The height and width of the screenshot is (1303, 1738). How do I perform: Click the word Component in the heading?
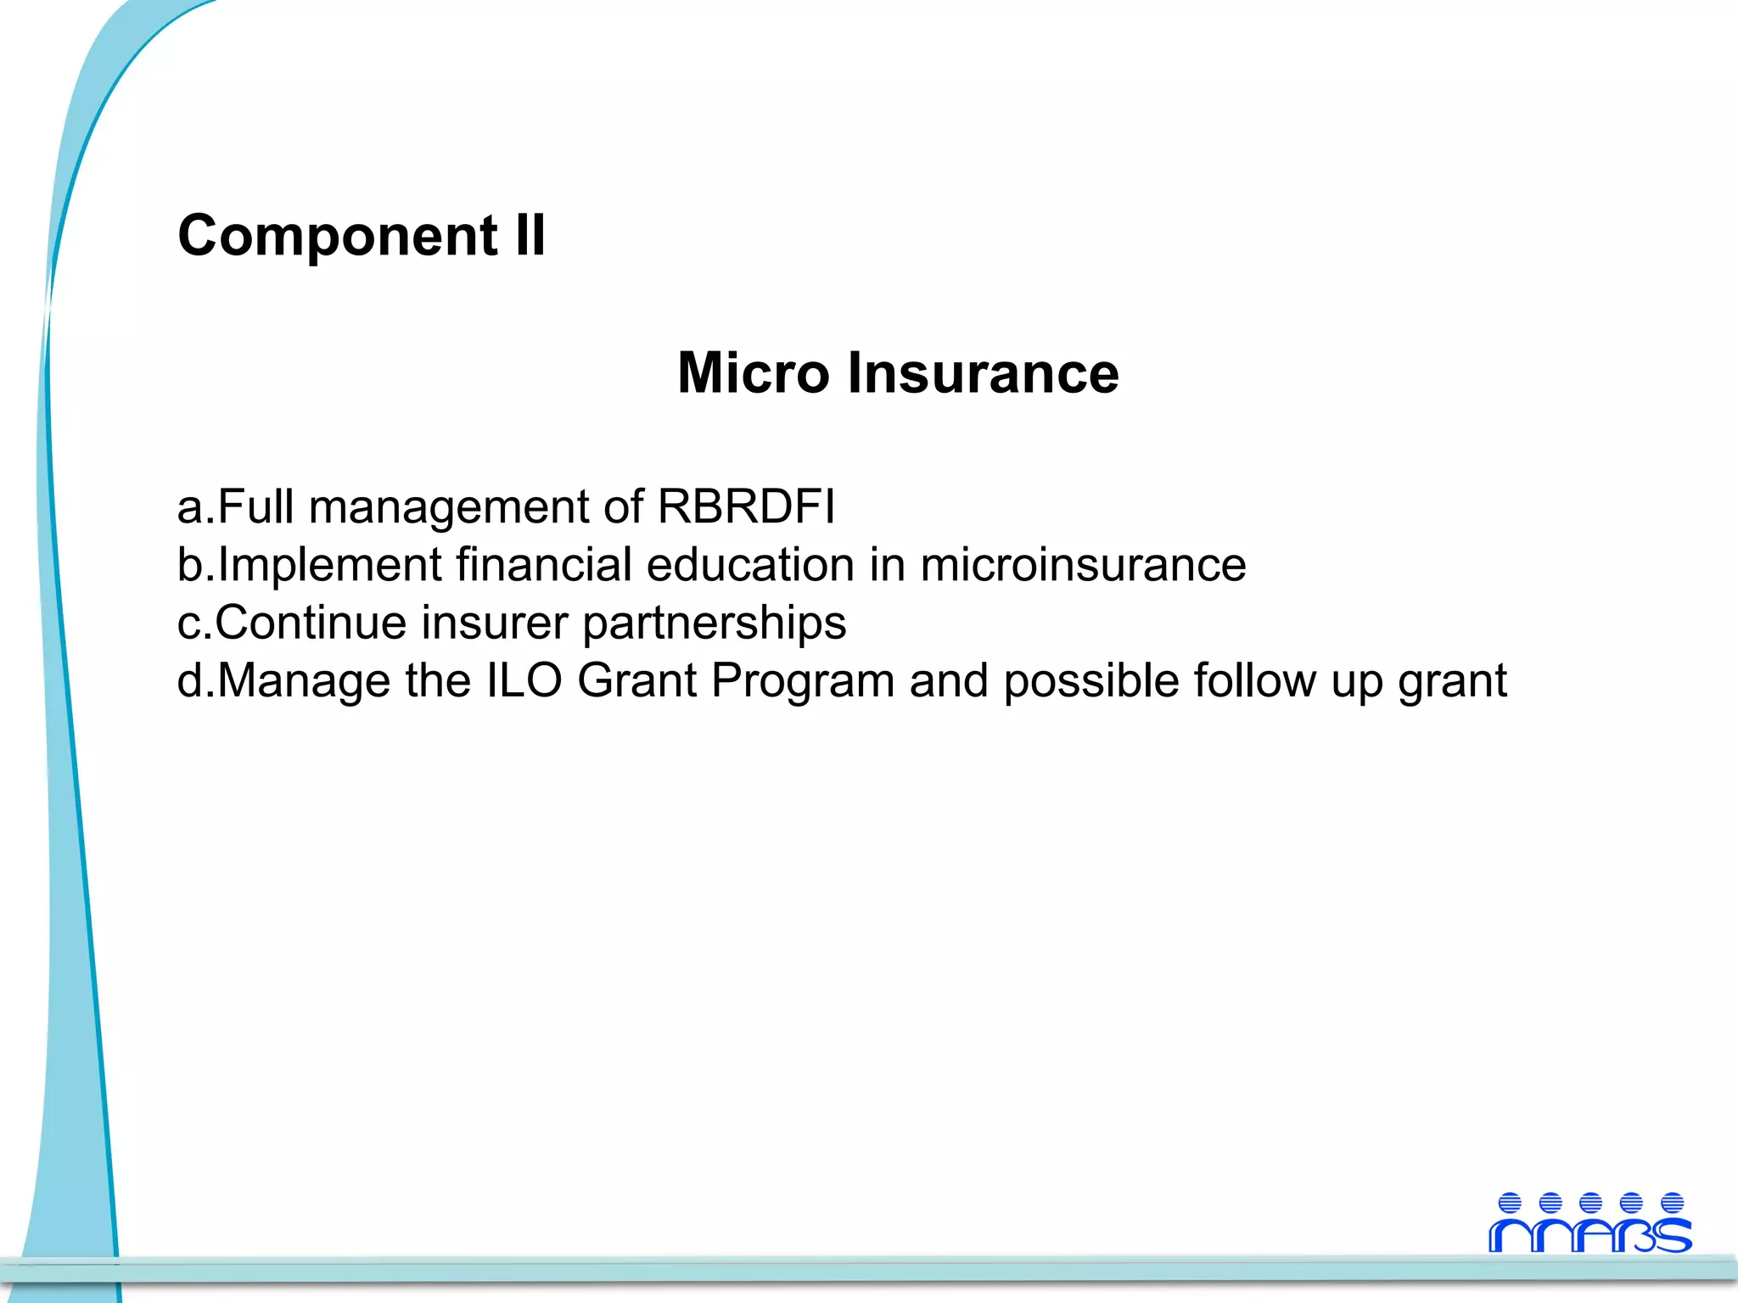pos(338,236)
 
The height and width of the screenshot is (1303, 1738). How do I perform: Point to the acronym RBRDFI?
pos(747,507)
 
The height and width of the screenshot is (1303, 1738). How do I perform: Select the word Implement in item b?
pos(329,566)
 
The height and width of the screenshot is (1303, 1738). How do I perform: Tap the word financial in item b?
pos(544,565)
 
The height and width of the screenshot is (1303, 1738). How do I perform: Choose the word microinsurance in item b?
pos(1083,565)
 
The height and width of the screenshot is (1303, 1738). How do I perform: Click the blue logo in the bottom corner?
pos(1589,1222)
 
